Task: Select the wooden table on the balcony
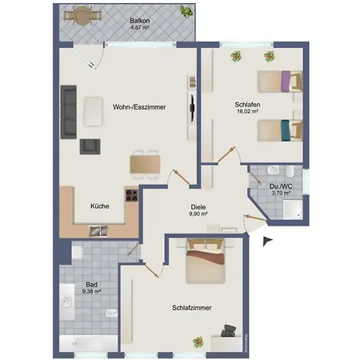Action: [80, 16]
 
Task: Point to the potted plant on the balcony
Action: [186, 12]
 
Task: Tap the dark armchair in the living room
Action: [90, 146]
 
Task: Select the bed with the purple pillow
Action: [279, 81]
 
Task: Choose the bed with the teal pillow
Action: [279, 128]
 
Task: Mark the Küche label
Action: [100, 206]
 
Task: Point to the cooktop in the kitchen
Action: [130, 195]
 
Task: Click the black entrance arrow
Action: [267, 240]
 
